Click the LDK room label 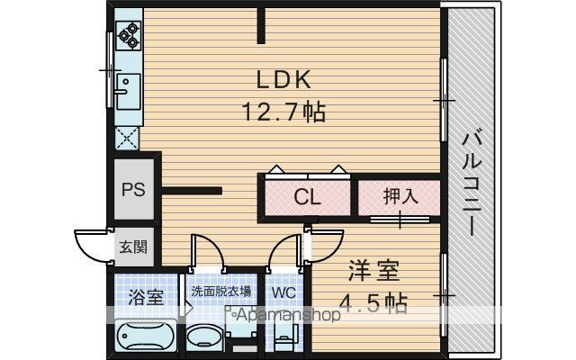pos(283,79)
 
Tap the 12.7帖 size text pos(283,112)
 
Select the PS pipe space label pos(133,190)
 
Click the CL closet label pos(307,197)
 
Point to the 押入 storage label pos(400,196)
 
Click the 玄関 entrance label pos(133,247)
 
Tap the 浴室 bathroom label pos(146,297)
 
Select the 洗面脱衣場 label pos(221,292)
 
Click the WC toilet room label pos(283,292)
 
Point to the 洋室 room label pos(373,271)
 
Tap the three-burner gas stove pos(128,36)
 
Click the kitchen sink pos(128,92)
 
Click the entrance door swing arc pos(87,249)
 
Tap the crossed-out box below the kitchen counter pos(127,138)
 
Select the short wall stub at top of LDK pos(261,25)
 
